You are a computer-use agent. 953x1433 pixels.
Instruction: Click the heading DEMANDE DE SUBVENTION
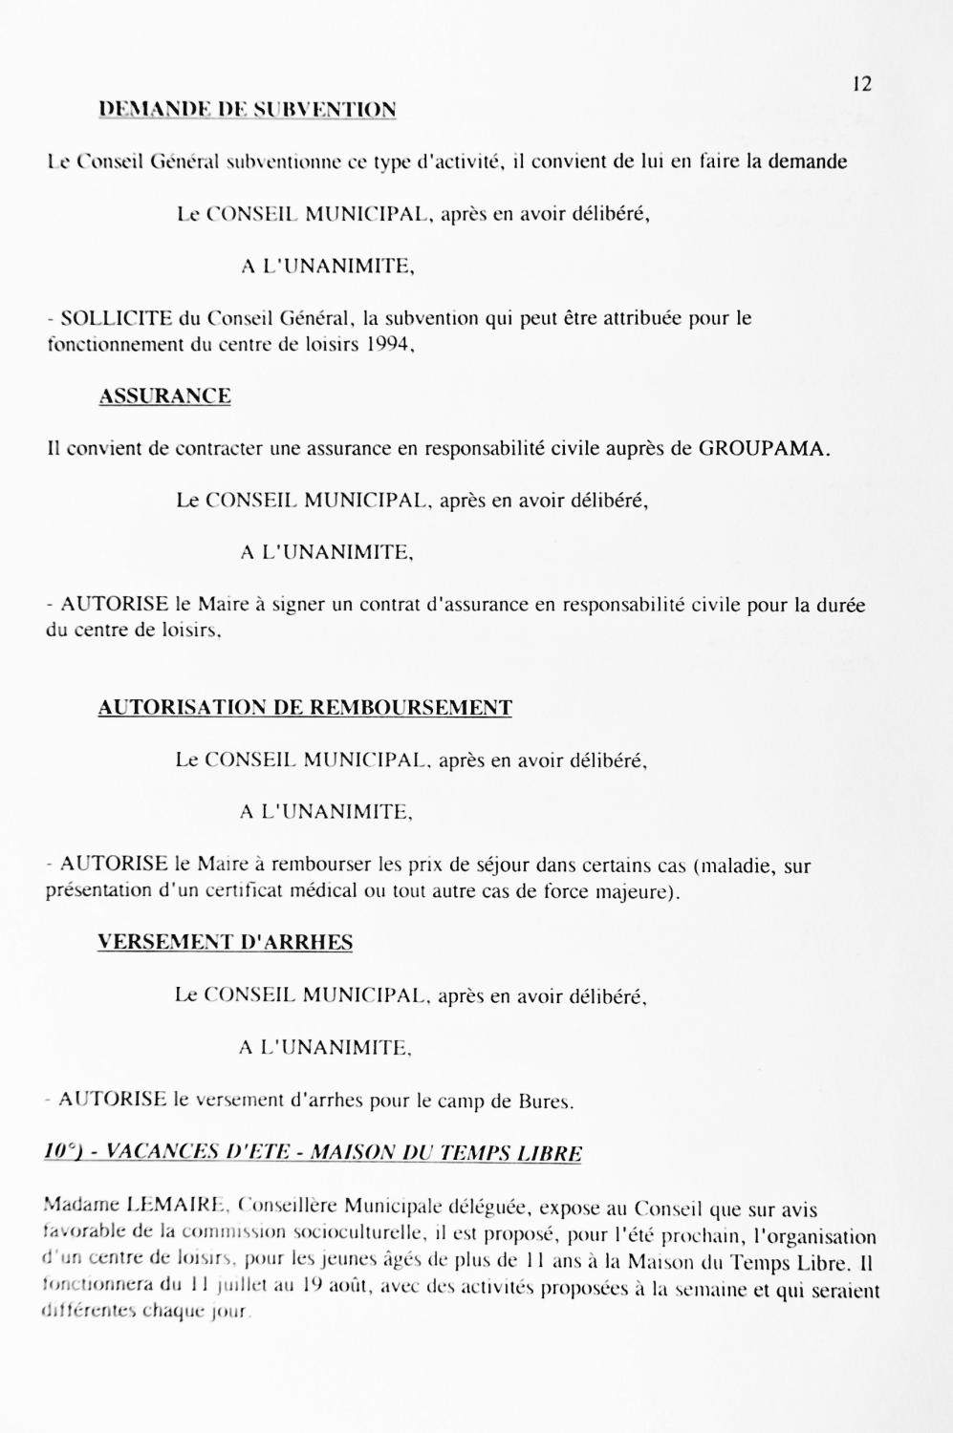click(x=248, y=110)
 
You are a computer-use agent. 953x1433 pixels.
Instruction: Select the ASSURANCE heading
click(x=164, y=396)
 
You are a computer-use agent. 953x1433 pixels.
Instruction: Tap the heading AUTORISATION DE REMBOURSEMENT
click(x=305, y=708)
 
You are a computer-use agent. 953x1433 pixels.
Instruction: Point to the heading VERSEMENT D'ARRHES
click(x=225, y=943)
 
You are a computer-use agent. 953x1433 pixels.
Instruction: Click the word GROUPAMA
click(x=759, y=448)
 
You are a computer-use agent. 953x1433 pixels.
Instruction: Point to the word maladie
click(x=739, y=867)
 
